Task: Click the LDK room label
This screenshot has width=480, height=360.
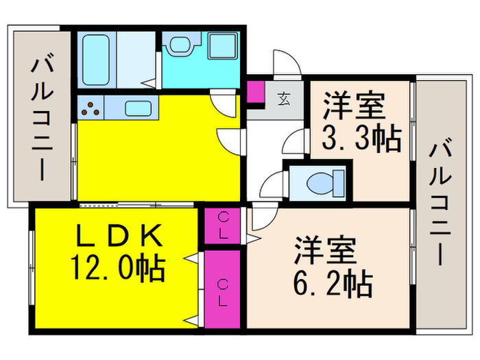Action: tap(118, 236)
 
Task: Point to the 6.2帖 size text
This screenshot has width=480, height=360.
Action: tap(334, 282)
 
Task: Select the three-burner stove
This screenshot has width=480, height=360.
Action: tap(91, 107)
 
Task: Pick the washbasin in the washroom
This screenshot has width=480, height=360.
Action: tap(180, 47)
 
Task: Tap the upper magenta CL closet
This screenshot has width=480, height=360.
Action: tap(223, 224)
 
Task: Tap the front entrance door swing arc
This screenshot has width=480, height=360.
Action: tap(285, 63)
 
